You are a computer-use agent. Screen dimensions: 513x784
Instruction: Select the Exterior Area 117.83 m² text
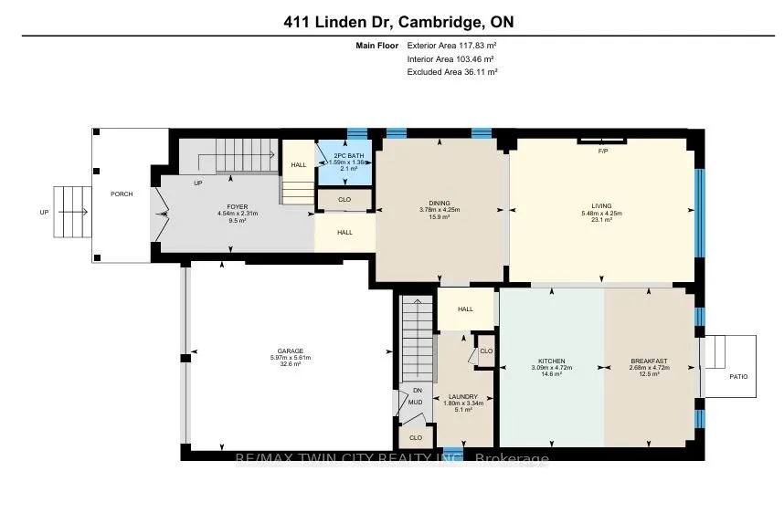click(451, 44)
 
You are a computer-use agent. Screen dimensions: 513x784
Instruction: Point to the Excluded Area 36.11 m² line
click(451, 71)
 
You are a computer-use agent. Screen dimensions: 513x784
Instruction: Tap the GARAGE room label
click(291, 351)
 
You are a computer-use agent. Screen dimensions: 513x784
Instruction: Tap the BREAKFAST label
click(648, 361)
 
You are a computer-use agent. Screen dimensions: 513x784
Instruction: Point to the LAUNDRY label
click(463, 396)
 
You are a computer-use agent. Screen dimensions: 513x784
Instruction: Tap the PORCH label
click(122, 194)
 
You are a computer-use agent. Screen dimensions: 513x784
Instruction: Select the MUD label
click(416, 401)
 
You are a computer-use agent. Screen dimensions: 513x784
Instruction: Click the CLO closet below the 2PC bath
click(344, 198)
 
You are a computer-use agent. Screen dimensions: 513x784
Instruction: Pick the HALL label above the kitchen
click(465, 309)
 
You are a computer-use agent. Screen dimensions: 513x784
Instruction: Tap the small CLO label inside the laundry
click(485, 351)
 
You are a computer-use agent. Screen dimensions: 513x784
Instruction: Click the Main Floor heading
click(376, 44)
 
